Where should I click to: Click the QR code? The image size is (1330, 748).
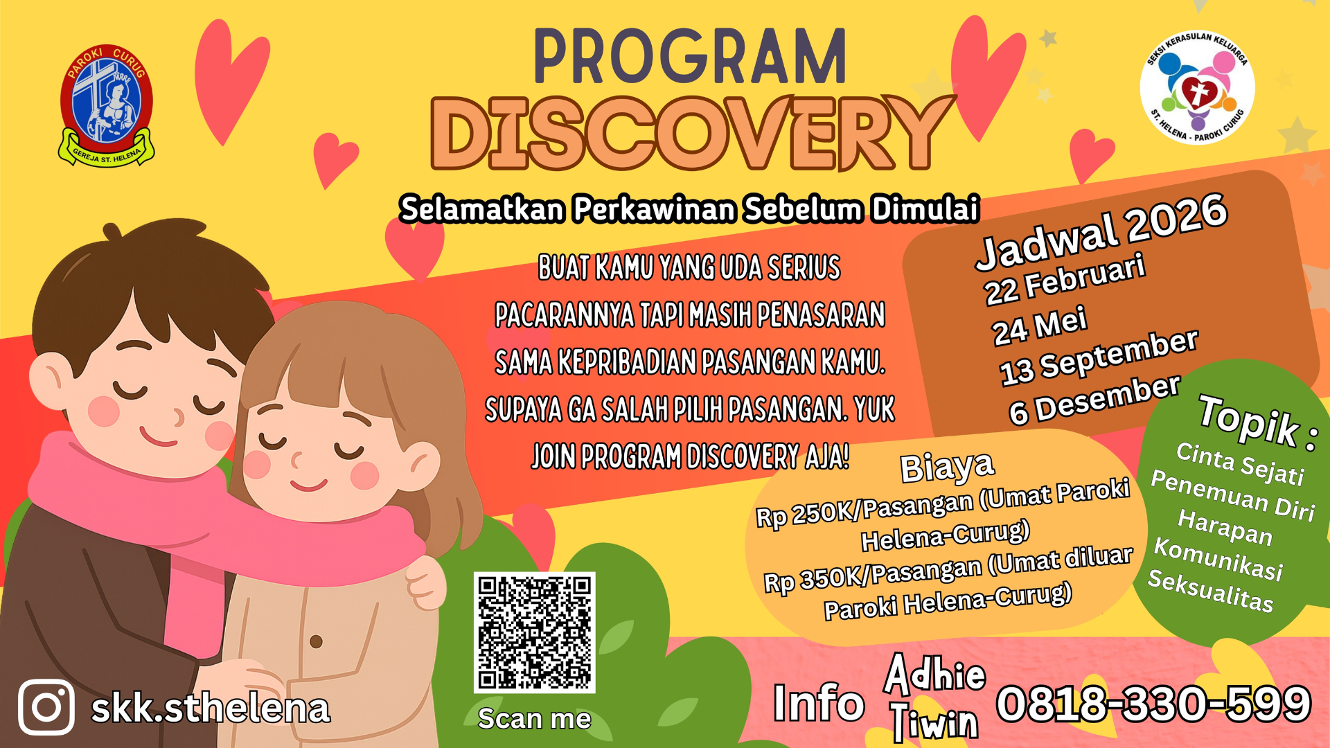tap(534, 632)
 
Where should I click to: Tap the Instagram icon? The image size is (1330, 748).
tap(46, 707)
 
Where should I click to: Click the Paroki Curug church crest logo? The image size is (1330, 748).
tap(106, 106)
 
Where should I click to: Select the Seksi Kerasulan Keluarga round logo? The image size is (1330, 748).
tap(1197, 87)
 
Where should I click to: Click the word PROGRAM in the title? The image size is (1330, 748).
tap(690, 57)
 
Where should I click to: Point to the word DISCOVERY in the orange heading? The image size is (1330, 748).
tap(691, 133)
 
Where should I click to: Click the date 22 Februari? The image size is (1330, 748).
tap(1065, 279)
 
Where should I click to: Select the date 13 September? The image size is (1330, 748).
tap(1099, 357)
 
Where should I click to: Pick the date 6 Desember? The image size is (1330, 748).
tap(1094, 400)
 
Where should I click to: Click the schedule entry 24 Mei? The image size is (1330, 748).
tap(1039, 326)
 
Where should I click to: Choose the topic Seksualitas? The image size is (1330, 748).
tap(1211, 590)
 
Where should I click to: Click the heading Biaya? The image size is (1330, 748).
tap(947, 467)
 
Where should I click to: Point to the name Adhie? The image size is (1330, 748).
tap(934, 673)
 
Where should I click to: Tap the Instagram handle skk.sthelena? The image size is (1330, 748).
tap(211, 708)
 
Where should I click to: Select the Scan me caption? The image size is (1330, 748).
tap(534, 719)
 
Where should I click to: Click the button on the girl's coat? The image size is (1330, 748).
tap(316, 641)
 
